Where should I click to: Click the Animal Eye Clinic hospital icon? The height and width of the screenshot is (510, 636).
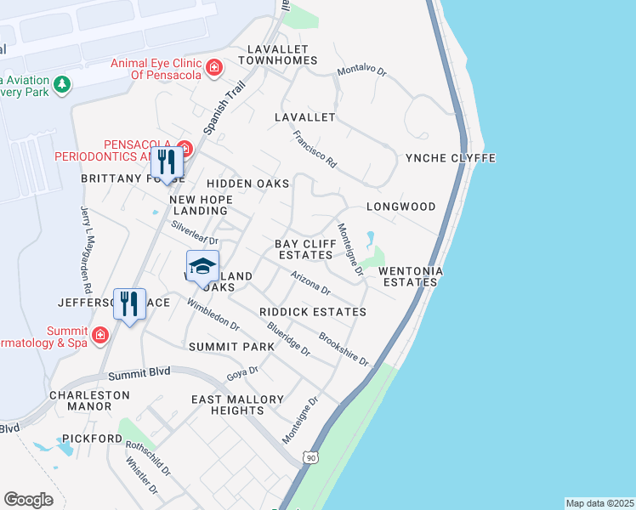[x=214, y=66]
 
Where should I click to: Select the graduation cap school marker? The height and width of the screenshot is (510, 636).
[x=202, y=267]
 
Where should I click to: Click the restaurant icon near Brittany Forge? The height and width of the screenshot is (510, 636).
[x=167, y=161]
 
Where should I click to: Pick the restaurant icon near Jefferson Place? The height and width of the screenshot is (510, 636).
[x=129, y=303]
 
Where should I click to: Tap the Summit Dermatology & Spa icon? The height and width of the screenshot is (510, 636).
[x=101, y=335]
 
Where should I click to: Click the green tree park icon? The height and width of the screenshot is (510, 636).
[x=61, y=84]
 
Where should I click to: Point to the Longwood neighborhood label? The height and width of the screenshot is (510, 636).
[x=400, y=207]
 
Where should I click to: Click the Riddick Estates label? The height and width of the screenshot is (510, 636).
[x=313, y=312]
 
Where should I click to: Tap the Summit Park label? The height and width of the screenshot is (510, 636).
[x=232, y=347]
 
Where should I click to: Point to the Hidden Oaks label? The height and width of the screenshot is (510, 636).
[x=247, y=184]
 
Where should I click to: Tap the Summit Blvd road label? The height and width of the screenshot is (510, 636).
[x=139, y=373]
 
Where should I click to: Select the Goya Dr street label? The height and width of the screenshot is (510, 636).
[x=242, y=373]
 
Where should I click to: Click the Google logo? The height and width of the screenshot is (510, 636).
[x=28, y=500]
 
